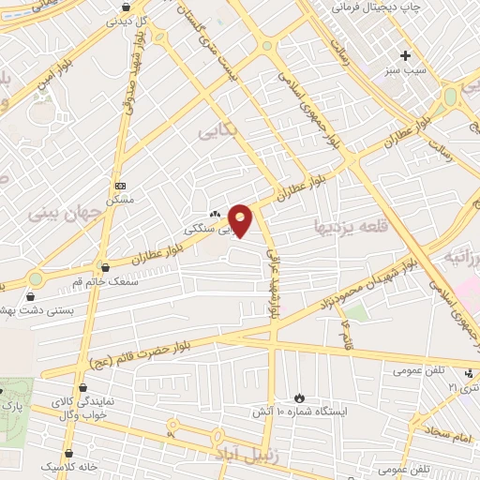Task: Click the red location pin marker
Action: [241, 218]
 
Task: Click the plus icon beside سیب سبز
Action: [405, 54]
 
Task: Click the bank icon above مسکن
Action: [120, 186]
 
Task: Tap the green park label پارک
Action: [11, 405]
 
